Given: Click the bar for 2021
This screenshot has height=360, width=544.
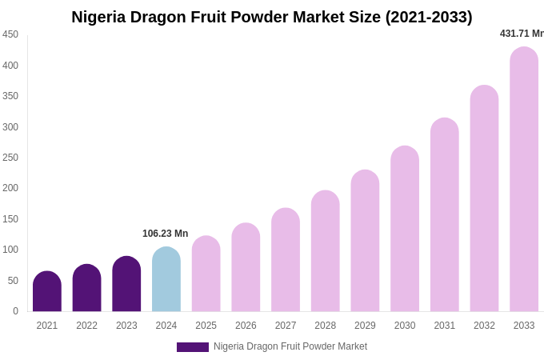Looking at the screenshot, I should (47, 292).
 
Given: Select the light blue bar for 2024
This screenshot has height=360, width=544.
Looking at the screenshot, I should (166, 280).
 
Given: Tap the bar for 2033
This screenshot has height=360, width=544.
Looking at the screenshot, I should (524, 180).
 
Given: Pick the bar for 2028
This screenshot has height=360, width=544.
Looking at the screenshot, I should (326, 251).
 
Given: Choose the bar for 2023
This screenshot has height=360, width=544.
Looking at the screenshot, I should (126, 285).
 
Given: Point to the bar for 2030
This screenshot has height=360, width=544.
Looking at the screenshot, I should (405, 230).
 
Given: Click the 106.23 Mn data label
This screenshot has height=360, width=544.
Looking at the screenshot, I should (166, 234).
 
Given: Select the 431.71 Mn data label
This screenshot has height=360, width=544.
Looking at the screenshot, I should (522, 34).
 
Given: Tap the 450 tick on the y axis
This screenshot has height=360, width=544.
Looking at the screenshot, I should (10, 34).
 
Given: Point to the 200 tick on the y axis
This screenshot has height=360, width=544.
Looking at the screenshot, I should (10, 188).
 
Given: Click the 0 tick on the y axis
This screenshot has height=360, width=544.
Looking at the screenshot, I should (15, 311).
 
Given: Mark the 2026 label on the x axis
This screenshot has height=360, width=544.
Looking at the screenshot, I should (246, 326).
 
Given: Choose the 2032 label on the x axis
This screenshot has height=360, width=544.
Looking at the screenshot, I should (484, 326).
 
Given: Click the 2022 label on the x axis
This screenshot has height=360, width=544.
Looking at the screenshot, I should (87, 326).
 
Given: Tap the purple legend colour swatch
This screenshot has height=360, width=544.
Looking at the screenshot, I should (193, 347).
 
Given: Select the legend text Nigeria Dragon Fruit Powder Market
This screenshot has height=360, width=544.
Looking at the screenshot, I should (290, 346).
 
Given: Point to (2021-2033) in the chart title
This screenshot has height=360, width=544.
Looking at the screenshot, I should (429, 17).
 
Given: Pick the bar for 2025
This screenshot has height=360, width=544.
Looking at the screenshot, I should (206, 274).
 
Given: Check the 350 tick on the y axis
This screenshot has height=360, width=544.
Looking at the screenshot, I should (10, 96).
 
